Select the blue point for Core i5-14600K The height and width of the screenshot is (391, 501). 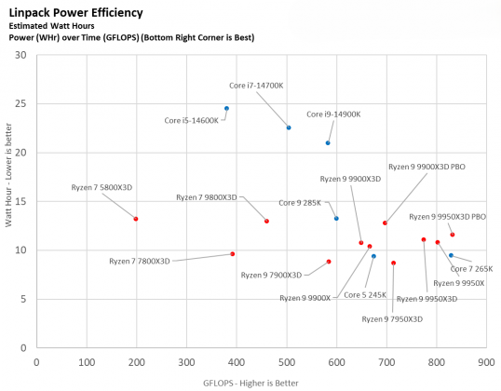tap(226, 108)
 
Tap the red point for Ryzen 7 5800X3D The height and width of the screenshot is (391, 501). tap(136, 219)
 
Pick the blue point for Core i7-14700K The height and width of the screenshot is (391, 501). tap(289, 128)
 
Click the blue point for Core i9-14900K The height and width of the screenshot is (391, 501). tap(328, 142)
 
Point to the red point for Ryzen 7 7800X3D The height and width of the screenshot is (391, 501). tap(233, 254)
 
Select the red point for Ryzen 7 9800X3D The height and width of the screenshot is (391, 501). tap(266, 221)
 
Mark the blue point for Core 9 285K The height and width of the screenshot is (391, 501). tap(336, 219)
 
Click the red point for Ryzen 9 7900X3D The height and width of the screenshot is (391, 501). tap(329, 262)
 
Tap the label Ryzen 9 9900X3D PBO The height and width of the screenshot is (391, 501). tap(426, 167)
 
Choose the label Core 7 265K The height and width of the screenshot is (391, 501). tap(471, 268)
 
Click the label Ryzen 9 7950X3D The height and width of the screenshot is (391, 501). tap(392, 318)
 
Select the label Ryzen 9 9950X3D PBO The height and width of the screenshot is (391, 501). tap(447, 216)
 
